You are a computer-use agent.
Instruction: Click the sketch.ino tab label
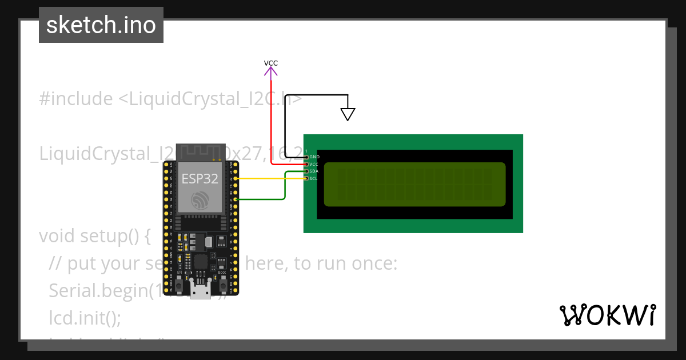101,25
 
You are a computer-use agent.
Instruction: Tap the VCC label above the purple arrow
271,63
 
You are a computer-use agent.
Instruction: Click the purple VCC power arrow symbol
271,71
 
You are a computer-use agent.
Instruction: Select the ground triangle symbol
348,114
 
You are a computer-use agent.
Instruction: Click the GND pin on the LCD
307,157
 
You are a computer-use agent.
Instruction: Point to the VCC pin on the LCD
307,164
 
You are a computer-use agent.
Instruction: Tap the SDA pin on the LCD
307,171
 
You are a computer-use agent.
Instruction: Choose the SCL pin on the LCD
307,178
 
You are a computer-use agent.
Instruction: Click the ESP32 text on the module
200,178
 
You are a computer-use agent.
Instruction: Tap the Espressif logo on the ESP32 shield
200,200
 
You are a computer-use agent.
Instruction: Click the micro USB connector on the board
200,291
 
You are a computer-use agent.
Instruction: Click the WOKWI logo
607,315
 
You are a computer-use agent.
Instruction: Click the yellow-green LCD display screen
415,184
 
